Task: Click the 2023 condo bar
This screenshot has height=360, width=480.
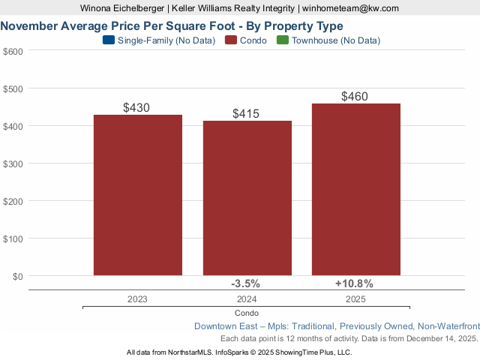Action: click(x=137, y=195)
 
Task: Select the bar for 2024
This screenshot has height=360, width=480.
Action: click(x=247, y=198)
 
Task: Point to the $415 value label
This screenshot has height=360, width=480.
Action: click(x=247, y=114)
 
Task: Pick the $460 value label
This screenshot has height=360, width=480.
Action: click(x=355, y=97)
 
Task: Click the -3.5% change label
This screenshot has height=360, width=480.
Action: click(x=245, y=283)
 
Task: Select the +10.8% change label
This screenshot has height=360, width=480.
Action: click(x=354, y=283)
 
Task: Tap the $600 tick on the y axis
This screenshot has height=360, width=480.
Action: click(x=13, y=51)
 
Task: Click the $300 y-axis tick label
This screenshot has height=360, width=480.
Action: click(x=13, y=163)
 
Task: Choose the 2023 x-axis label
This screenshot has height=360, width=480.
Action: click(x=137, y=298)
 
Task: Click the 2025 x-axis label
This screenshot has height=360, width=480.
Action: click(x=355, y=298)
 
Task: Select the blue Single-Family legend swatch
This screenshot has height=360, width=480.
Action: click(x=108, y=40)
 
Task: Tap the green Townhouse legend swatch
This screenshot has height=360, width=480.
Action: click(x=283, y=40)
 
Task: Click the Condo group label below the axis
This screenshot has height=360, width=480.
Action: click(x=246, y=313)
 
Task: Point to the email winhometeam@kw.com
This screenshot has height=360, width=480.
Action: click(x=350, y=8)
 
